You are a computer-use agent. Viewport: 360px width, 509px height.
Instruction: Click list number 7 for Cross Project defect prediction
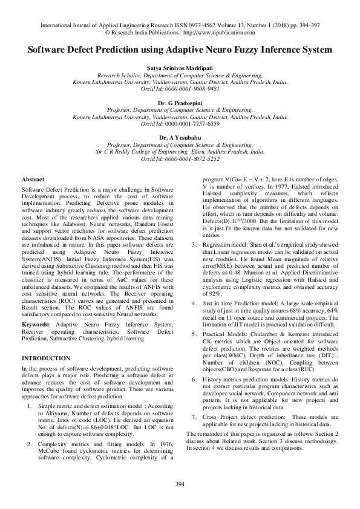(x=193, y=417)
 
